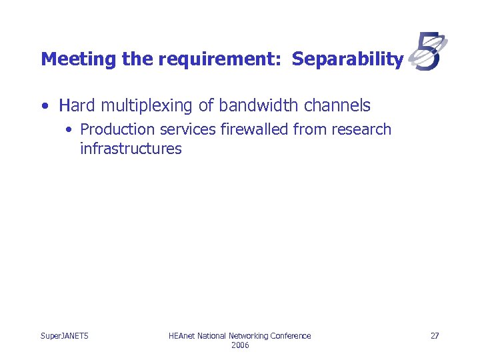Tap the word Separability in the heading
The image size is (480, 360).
coord(347,59)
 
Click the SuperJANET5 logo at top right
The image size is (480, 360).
coord(427,51)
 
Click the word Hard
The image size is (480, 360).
coord(77,105)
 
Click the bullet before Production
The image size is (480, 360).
coord(70,129)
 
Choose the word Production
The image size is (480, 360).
coord(117,129)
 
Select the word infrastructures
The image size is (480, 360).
coord(131,149)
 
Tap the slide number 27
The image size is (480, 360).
coord(435,335)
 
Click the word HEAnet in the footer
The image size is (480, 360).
coord(182,335)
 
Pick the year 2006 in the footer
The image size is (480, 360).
coord(240,345)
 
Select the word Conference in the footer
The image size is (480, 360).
coord(288,335)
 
